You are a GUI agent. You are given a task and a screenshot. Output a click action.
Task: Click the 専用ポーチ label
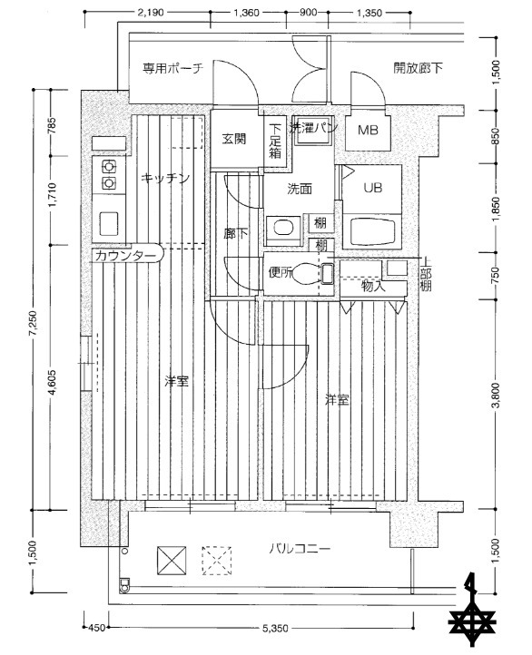(172, 68)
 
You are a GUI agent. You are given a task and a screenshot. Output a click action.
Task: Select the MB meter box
(368, 132)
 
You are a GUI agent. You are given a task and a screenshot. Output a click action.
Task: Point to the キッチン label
(165, 178)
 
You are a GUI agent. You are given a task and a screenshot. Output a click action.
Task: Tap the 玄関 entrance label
(234, 139)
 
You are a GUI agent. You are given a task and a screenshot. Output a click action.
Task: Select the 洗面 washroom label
(300, 190)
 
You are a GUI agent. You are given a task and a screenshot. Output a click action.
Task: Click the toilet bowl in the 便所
(311, 271)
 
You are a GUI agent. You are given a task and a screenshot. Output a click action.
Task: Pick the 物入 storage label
(373, 287)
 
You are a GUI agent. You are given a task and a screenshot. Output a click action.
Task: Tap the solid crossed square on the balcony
(171, 560)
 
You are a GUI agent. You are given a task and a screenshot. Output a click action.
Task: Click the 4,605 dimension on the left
(54, 380)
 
